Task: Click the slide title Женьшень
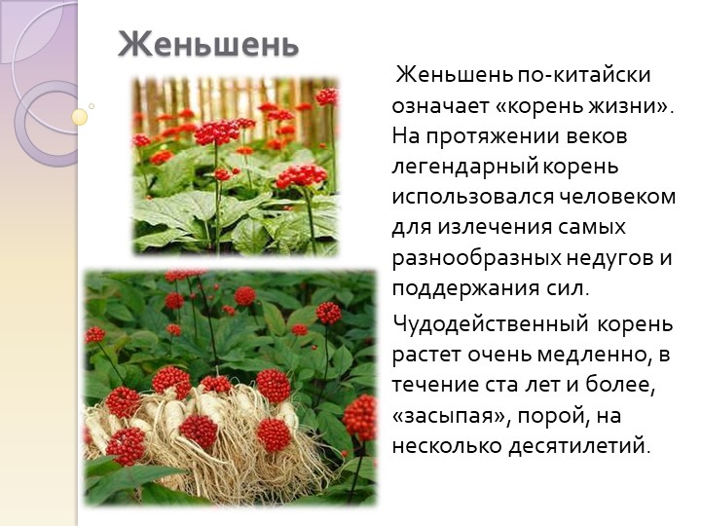pyautogui.click(x=208, y=45)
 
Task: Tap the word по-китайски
pyautogui.click(x=584, y=75)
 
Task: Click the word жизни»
pyautogui.click(x=631, y=105)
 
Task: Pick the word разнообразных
pyautogui.click(x=476, y=258)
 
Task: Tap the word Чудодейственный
pyautogui.click(x=490, y=323)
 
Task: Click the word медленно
pyautogui.click(x=593, y=356)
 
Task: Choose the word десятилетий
pyautogui.click(x=578, y=447)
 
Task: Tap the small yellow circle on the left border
pyautogui.click(x=80, y=117)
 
